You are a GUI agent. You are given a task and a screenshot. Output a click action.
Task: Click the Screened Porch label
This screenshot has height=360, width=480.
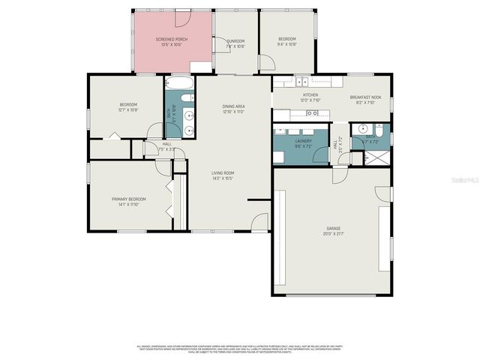tap(172, 39)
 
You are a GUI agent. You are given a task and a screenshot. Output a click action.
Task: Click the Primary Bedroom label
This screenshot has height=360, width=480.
tap(128, 199)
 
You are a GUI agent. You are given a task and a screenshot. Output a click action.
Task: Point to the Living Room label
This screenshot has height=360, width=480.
tap(222, 172)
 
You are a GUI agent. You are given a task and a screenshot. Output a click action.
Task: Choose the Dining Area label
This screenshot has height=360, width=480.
tap(233, 106)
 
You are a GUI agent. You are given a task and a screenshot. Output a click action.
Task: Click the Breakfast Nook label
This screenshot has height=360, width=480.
tap(364, 97)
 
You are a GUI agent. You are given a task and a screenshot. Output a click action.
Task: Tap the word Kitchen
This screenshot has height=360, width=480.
tap(310, 95)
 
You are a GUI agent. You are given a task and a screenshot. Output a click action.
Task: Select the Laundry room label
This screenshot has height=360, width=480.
tap(303, 140)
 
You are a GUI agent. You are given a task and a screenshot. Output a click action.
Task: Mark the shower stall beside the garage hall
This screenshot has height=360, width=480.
tap(377, 157)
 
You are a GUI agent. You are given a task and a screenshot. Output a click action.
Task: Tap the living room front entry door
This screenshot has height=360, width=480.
tap(259, 221)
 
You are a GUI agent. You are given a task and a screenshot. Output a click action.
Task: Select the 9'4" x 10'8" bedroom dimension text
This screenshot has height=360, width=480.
tap(287, 45)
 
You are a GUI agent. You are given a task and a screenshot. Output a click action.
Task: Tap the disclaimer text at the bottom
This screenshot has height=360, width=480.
tap(239, 349)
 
